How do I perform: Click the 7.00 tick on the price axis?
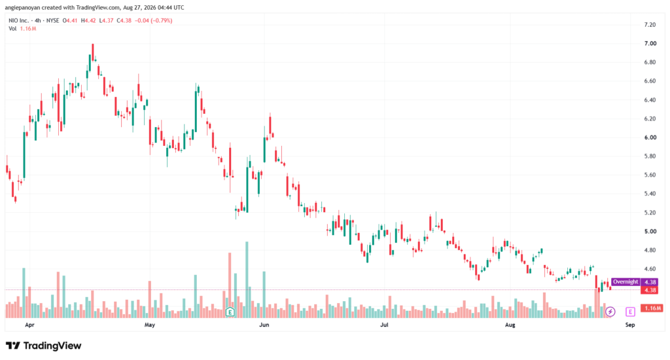click(650, 44)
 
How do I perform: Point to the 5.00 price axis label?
click(650, 231)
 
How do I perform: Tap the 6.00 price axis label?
click(650, 137)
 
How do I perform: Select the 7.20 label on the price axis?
click(650, 25)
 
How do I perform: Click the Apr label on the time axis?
click(29, 325)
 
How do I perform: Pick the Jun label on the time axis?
click(264, 325)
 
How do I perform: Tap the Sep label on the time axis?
click(630, 325)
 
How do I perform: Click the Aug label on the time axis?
click(510, 325)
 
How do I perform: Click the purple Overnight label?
click(625, 281)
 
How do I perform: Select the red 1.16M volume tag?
click(652, 308)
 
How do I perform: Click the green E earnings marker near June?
click(230, 312)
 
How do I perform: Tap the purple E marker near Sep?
click(630, 312)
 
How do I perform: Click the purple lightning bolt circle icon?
click(610, 312)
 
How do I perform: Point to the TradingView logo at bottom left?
click(44, 346)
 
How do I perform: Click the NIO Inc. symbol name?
click(19, 20)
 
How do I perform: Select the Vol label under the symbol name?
click(12, 29)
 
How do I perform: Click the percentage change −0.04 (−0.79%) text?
click(153, 20)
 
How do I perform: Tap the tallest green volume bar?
click(247, 279)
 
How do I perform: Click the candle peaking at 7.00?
click(93, 53)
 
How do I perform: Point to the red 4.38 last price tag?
click(650, 291)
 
